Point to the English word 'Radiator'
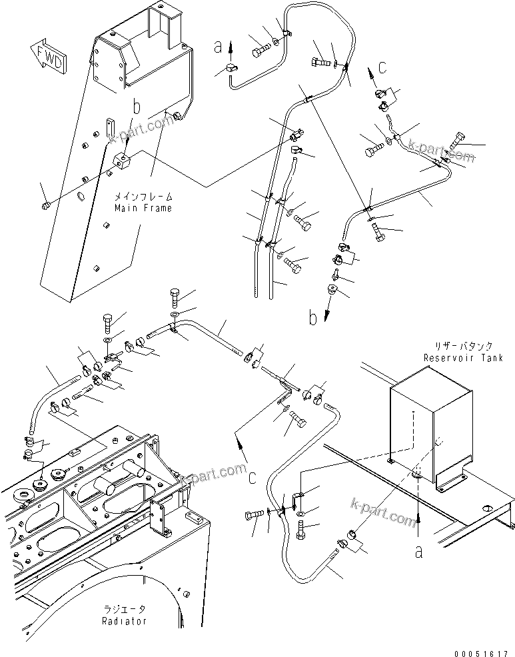click(125, 621)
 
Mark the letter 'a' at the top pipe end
click(217, 47)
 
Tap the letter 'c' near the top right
click(381, 67)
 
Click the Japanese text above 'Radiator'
click(125, 610)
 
